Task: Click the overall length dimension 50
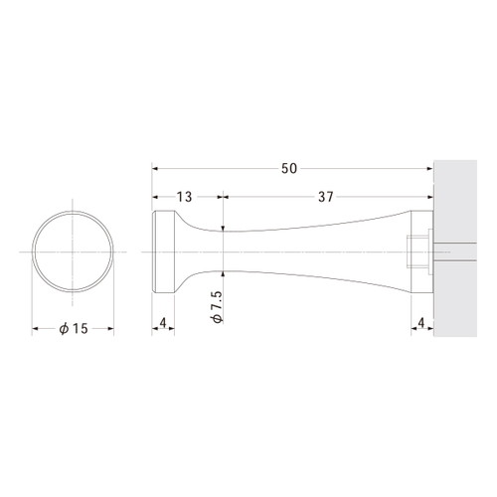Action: (x=289, y=169)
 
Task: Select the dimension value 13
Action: (x=184, y=197)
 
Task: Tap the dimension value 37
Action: (x=325, y=197)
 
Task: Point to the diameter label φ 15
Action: (x=74, y=329)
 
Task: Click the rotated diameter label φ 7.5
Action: (x=217, y=307)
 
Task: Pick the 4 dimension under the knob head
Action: (x=163, y=323)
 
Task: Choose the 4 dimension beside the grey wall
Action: (x=421, y=323)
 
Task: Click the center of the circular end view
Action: (x=73, y=252)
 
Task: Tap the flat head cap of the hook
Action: (x=163, y=252)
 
